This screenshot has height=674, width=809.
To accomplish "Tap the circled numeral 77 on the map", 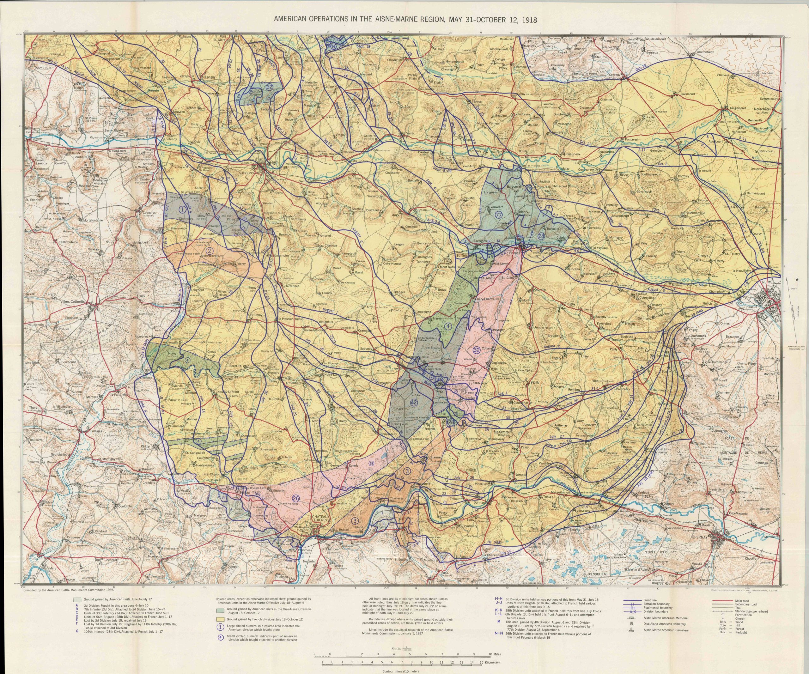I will (499, 215).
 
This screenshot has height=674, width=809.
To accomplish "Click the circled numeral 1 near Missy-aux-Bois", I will (183, 209).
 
